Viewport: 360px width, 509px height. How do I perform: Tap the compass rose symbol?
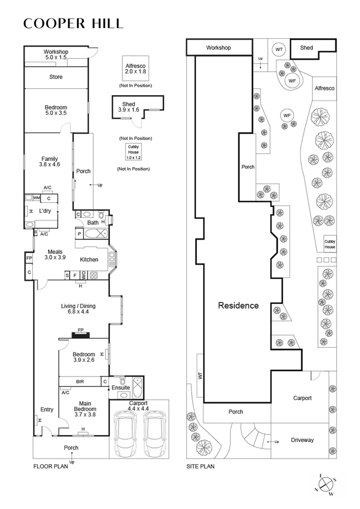tap(327, 484)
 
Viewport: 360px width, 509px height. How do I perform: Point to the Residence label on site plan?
tap(238, 305)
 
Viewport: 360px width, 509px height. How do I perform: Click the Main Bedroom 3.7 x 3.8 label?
tap(85, 406)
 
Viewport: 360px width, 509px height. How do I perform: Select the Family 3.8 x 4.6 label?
tap(49, 162)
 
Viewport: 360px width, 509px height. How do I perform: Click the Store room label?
tap(56, 77)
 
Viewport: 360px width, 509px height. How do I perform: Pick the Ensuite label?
tap(121, 388)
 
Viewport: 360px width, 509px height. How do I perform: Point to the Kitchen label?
tap(89, 260)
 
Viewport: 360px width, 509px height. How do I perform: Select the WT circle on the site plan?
tap(279, 49)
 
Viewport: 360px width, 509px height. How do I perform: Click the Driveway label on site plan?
tap(302, 440)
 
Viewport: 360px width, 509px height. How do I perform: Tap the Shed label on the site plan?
tap(306, 48)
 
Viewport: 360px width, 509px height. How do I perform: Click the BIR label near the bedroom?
tap(80, 381)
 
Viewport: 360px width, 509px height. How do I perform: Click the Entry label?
tap(47, 410)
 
